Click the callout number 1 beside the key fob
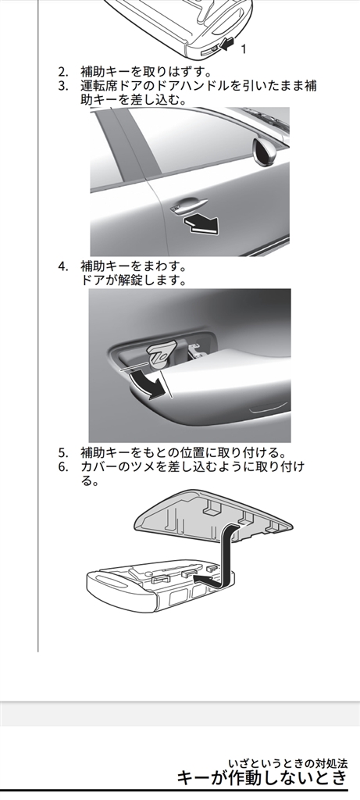tap(243, 49)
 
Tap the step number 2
tap(62, 71)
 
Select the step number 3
tap(62, 86)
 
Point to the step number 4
tap(62, 266)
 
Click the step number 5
tap(62, 452)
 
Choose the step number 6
tap(62, 467)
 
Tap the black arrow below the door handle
tap(201, 223)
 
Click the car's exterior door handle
tap(189, 205)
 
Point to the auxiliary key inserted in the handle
tap(162, 354)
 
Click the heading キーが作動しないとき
tap(262, 777)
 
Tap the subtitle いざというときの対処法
tap(288, 763)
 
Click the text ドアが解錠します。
tap(134, 280)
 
